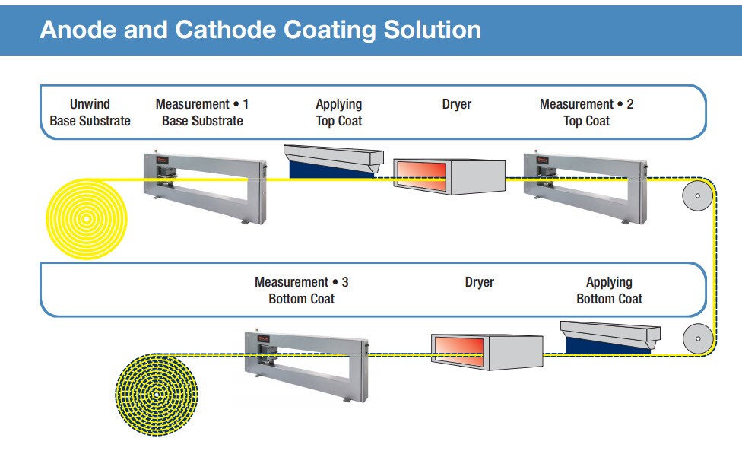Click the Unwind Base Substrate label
click(x=90, y=113)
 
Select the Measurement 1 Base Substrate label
click(x=202, y=113)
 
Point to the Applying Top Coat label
click(x=339, y=113)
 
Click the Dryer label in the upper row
click(x=457, y=104)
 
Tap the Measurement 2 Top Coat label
click(x=586, y=113)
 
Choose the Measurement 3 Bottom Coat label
click(x=302, y=290)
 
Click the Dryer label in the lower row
click(x=480, y=282)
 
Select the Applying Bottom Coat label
click(x=609, y=290)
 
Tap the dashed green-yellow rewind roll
click(x=156, y=395)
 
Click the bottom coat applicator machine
click(x=608, y=338)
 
